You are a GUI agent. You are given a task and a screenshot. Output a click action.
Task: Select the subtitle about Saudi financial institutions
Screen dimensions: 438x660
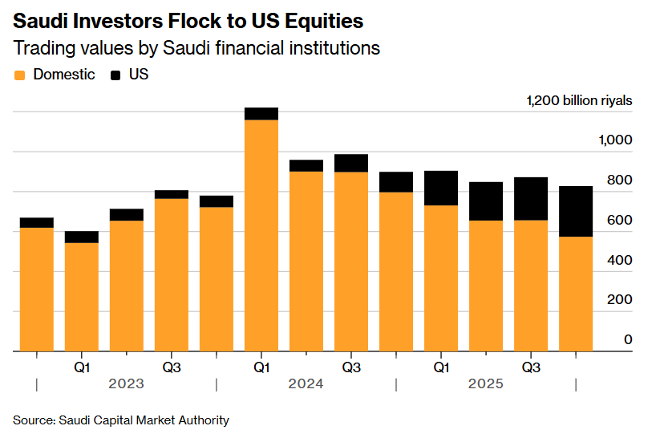[x=196, y=48]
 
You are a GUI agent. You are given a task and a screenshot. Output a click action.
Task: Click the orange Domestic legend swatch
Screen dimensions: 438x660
[x=20, y=75]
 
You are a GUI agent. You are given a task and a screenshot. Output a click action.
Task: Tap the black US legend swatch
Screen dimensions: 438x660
[x=115, y=75]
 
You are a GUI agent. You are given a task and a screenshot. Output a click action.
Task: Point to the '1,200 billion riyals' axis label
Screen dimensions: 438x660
[x=579, y=101]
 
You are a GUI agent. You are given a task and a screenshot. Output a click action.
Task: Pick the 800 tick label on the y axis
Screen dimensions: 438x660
[x=619, y=180]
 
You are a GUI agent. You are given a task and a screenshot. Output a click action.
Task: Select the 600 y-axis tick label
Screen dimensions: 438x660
[x=619, y=221]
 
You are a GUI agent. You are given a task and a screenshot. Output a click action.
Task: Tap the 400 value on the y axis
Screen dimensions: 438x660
[x=619, y=260]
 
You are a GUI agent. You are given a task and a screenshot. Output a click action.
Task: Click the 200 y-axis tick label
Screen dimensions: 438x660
[x=619, y=299]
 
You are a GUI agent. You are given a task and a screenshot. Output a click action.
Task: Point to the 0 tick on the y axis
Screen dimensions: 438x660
[x=628, y=339]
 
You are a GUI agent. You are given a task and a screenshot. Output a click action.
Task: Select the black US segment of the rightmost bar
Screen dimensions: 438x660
[x=576, y=211]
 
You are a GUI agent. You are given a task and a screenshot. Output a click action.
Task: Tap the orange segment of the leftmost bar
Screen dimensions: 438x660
[x=37, y=289]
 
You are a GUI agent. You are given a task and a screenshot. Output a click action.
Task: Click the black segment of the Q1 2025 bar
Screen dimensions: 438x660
[x=441, y=188]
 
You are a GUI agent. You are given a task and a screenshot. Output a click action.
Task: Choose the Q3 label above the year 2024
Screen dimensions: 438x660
[x=351, y=367]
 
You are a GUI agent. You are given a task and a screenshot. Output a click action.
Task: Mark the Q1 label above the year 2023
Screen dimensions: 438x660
[x=82, y=367]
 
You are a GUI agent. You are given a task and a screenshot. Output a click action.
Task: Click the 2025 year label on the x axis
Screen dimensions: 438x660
[x=485, y=384]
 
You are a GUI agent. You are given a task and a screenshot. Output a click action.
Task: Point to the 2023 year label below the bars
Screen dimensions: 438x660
[x=126, y=384]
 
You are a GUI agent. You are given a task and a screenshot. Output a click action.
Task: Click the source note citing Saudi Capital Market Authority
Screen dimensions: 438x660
[x=121, y=420]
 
